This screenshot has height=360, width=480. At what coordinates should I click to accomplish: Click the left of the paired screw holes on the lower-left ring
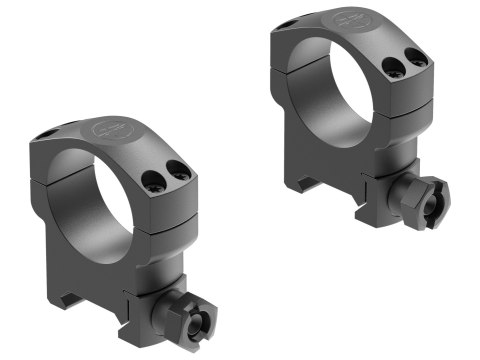tap(152, 182)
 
